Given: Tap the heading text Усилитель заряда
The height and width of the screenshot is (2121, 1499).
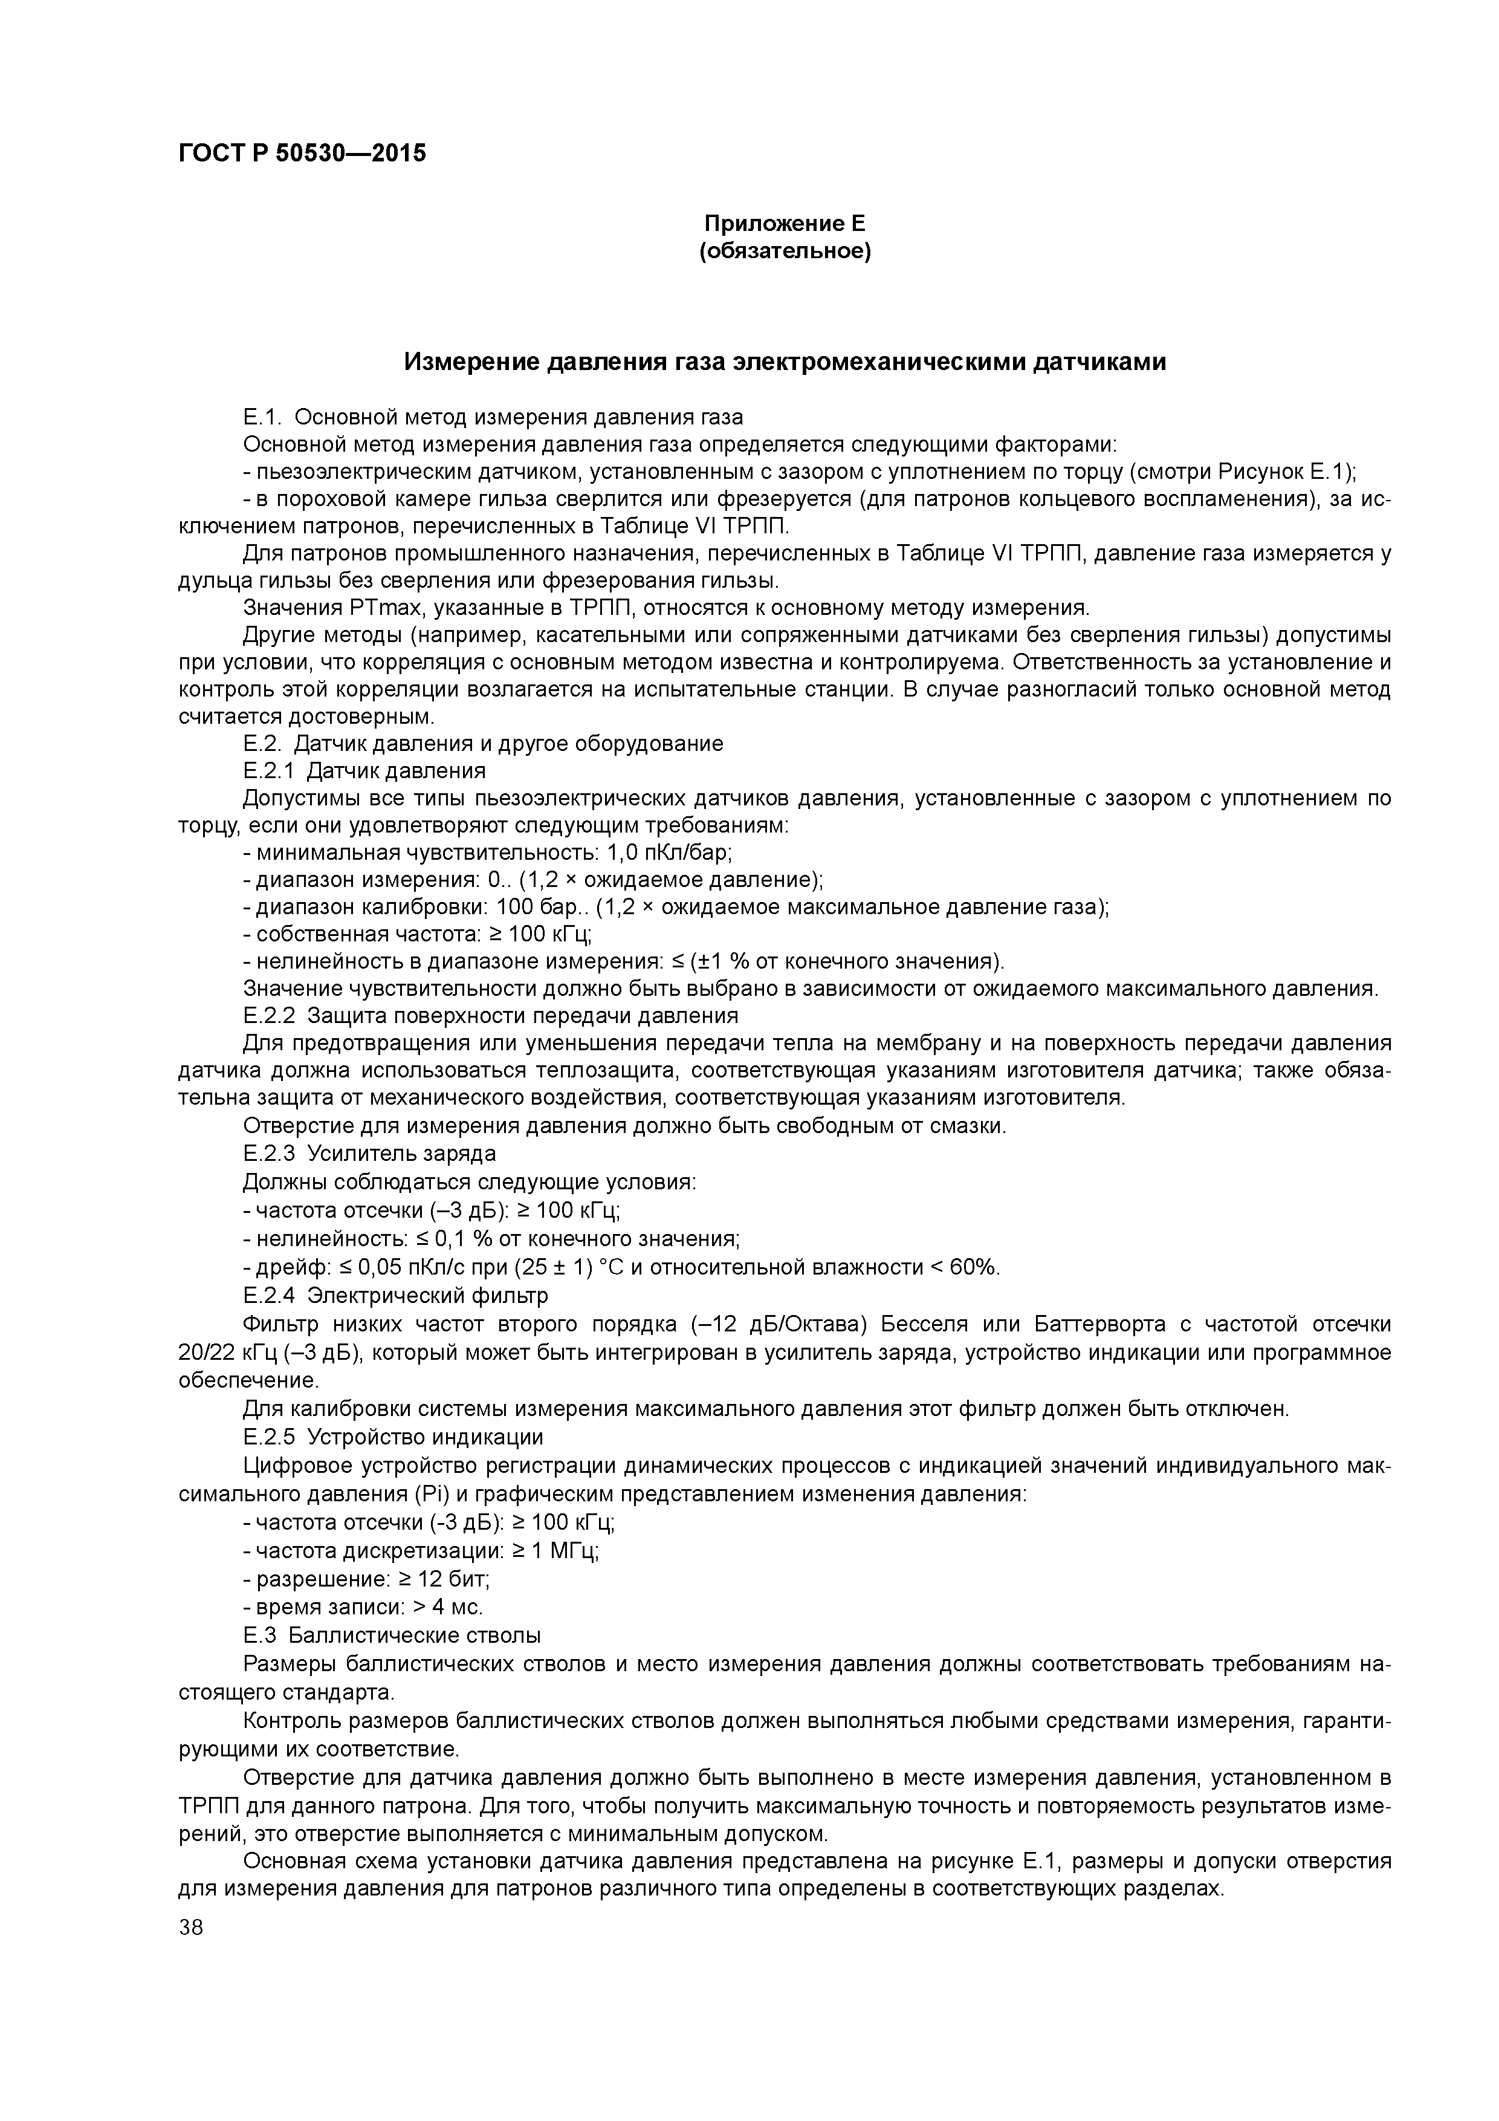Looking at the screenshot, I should (x=402, y=1154).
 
